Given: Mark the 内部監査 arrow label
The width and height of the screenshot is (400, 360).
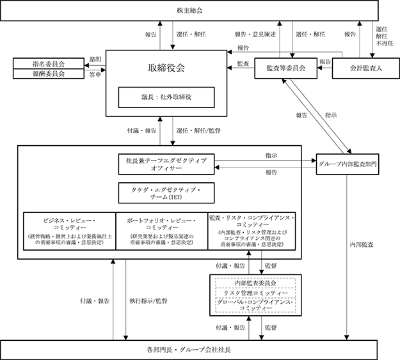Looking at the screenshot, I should click(363, 244).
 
